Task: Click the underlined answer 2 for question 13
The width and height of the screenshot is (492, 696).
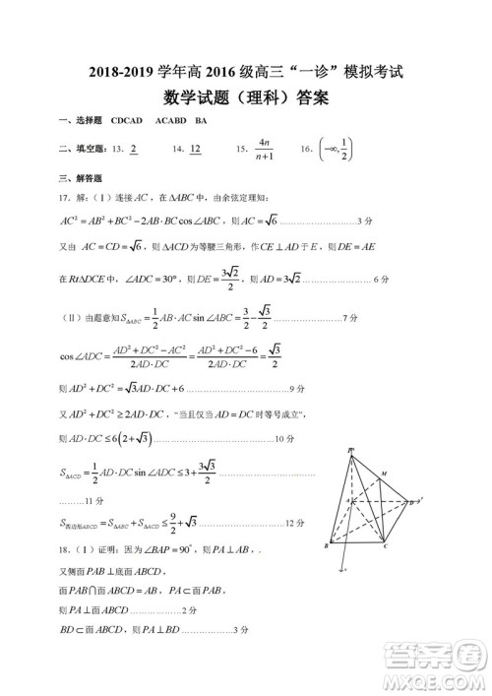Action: (x=132, y=150)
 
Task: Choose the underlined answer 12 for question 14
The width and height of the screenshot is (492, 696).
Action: (x=195, y=150)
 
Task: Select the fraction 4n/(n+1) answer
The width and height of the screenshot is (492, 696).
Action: (x=263, y=150)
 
